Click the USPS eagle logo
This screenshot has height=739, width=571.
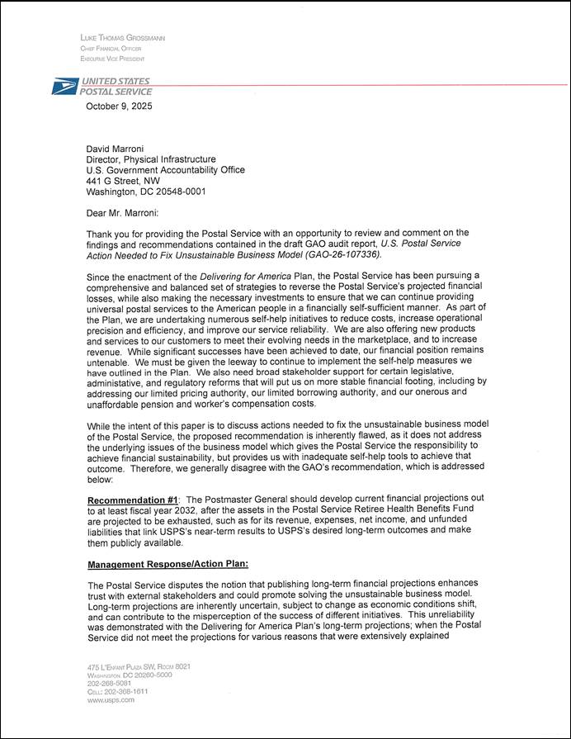coord(64,86)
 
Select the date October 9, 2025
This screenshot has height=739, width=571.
coord(119,107)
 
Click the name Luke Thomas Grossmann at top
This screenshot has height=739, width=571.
coord(123,38)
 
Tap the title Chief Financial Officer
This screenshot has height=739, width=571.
coord(111,49)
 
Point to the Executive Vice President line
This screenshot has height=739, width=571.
coord(112,59)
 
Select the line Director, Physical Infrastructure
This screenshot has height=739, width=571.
coord(151,159)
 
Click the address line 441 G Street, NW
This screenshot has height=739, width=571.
coord(124,181)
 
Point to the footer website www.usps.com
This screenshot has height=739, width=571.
coord(110,699)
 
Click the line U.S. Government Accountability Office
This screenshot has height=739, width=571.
coord(166,170)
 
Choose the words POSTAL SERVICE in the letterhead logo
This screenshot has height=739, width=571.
coord(116,92)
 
